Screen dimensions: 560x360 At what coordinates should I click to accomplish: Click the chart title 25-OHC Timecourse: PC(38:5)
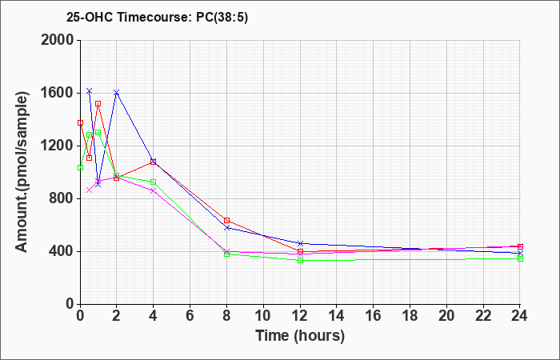coord(157,18)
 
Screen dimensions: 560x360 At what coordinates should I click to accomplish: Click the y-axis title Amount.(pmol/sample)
coord(22,173)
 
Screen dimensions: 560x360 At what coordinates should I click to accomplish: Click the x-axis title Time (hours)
coord(300,336)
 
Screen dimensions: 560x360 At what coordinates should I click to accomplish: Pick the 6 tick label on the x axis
coord(190,316)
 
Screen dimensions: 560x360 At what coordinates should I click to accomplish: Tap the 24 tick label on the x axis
coord(519,316)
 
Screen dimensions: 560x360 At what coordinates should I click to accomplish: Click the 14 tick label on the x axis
coord(337,316)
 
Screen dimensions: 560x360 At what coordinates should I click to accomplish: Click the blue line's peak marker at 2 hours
coord(117,93)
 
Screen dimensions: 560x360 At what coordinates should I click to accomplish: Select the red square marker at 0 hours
coord(80,123)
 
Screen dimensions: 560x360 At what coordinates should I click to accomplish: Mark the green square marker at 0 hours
coord(80,167)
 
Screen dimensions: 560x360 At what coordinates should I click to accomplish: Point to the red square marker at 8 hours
coord(226,220)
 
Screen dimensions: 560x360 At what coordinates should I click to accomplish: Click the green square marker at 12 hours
coord(300,260)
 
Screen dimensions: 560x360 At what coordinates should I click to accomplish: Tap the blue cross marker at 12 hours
coord(300,243)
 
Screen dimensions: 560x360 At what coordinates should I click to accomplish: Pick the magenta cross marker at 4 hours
coord(154,190)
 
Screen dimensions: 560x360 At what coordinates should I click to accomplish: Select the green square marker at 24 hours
coord(520,258)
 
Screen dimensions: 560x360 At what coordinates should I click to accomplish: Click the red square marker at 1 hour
coord(98,103)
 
